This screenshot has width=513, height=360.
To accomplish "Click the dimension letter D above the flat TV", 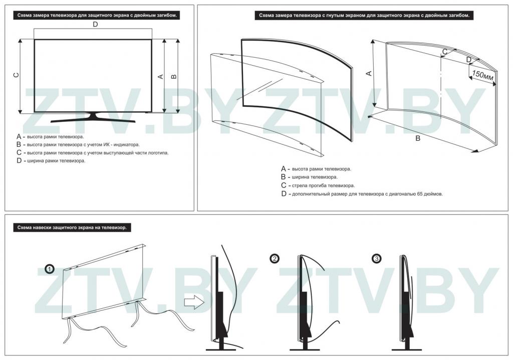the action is [x=95, y=24].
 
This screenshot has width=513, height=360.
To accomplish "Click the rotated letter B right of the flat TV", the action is [x=174, y=76].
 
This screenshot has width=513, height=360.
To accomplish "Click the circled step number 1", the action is [x=49, y=269].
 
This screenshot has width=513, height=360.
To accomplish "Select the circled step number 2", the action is [x=274, y=259].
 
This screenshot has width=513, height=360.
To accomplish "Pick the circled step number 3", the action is [x=377, y=259].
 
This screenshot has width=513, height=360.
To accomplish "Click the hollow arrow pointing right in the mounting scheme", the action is [x=193, y=301].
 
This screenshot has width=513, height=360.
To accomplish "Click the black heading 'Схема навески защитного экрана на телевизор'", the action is [x=72, y=228].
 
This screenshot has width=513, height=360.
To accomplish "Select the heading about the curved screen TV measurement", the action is [x=364, y=16].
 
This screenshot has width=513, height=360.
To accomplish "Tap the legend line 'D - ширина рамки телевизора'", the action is [x=51, y=160].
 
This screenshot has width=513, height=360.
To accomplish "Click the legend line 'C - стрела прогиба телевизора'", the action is [x=318, y=186].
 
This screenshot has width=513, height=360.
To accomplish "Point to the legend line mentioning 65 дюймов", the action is [x=362, y=194].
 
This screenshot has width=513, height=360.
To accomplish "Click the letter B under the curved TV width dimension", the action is [x=418, y=138].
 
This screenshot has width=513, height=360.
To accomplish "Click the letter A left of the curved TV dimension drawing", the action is [x=369, y=73].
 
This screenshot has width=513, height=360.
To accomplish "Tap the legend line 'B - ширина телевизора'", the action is [x=310, y=177].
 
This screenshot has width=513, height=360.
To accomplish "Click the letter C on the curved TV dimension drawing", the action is [x=445, y=52].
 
